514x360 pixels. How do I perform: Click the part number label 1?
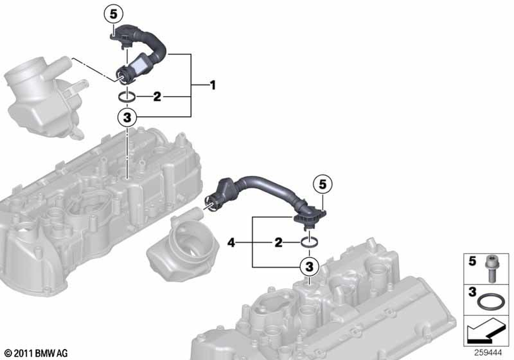tap(213, 85)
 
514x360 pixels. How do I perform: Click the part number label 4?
tap(231, 243)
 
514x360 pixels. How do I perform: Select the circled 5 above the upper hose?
tap(114, 14)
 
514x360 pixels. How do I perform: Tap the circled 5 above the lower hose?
tap(323, 185)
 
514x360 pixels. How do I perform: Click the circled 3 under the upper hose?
tap(127, 117)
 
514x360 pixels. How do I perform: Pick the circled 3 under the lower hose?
tap(309, 266)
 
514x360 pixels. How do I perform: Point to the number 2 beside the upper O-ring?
tap(157, 97)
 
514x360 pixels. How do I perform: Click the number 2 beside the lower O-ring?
tap(278, 243)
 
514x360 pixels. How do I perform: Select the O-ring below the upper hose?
tap(126, 97)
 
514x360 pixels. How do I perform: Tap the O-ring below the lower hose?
tap(309, 243)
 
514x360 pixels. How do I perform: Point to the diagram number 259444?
tap(488, 353)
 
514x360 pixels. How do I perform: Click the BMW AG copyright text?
tap(36, 353)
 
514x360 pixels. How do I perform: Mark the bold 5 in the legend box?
tap(472, 261)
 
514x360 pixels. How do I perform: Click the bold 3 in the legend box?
tap(472, 292)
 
